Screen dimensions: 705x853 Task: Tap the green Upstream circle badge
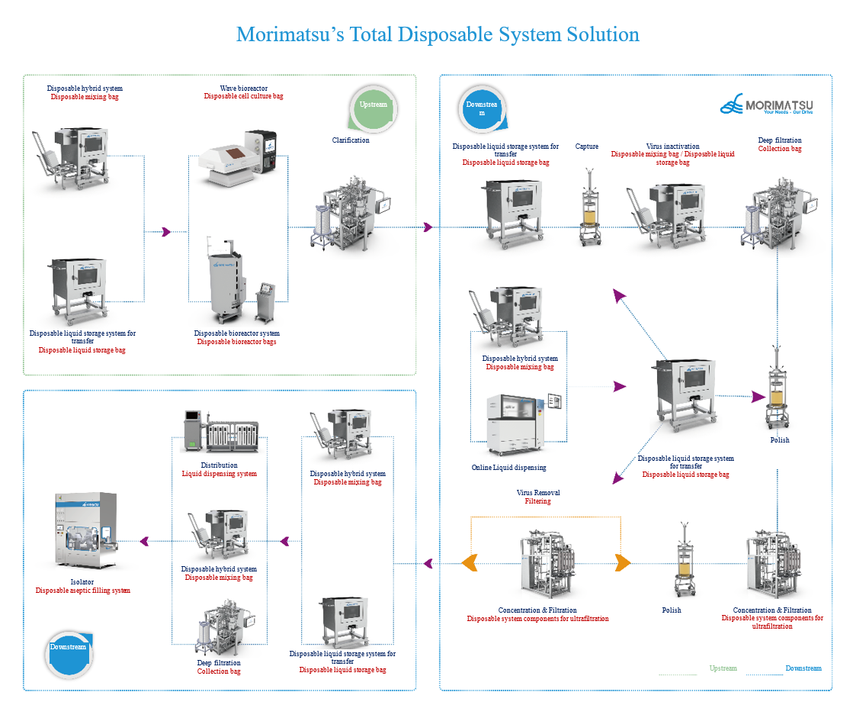pos(373,106)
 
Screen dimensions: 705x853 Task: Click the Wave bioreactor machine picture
pos(236,156)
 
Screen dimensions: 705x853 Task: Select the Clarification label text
pos(351,140)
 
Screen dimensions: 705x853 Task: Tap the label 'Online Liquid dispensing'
pos(509,468)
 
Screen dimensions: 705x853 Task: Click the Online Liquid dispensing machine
pos(518,419)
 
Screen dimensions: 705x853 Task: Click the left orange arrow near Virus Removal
pos(471,564)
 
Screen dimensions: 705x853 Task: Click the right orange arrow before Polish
pos(622,564)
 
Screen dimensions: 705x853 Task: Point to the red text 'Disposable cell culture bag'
pos(244,96)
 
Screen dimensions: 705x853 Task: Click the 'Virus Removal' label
pos(538,493)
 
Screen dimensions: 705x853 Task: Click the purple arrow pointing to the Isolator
pos(144,542)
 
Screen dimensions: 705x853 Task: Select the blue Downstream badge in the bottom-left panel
pos(69,648)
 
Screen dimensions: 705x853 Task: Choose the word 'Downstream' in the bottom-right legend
pos(803,668)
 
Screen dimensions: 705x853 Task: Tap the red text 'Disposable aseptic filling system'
pos(83,591)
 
